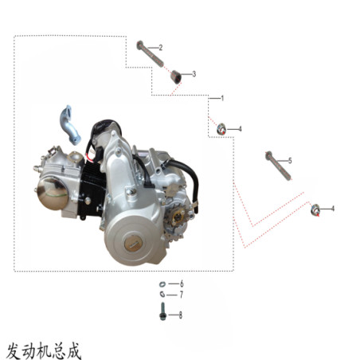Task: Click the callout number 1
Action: click(x=222, y=98)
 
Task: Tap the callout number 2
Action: click(x=161, y=48)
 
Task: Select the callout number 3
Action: click(x=194, y=74)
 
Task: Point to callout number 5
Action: click(x=290, y=161)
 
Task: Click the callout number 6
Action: click(x=182, y=284)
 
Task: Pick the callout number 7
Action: click(x=182, y=295)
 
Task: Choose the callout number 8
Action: click(x=181, y=315)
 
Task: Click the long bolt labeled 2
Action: click(x=150, y=54)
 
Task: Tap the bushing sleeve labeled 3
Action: click(x=175, y=76)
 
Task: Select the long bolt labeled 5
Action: click(x=278, y=166)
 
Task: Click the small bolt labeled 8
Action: click(x=162, y=311)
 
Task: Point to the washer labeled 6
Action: click(x=162, y=284)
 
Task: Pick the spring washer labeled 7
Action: click(x=162, y=294)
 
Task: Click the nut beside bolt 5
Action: click(x=315, y=209)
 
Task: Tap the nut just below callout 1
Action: click(x=221, y=129)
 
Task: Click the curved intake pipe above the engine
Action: click(x=69, y=125)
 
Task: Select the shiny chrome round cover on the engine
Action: click(x=53, y=194)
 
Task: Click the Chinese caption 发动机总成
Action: click(x=43, y=351)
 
